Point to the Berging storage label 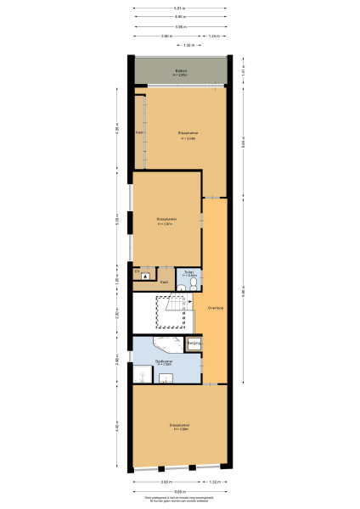click(194, 343)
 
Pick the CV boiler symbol click(145, 277)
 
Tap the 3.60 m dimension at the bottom click(167, 482)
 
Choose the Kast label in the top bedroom click(138, 132)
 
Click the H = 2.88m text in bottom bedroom click(180, 429)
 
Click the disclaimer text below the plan click(180, 500)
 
